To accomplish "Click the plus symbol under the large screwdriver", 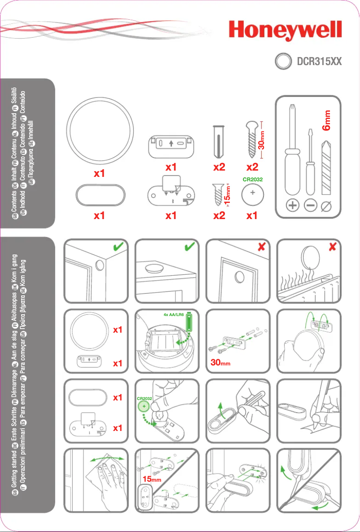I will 292,206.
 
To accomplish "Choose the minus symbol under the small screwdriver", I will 310,206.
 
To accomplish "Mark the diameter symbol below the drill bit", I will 327,206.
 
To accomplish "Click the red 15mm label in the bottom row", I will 151,479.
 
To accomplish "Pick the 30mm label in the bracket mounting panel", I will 220,363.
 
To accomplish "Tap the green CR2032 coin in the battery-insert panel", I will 144,407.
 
